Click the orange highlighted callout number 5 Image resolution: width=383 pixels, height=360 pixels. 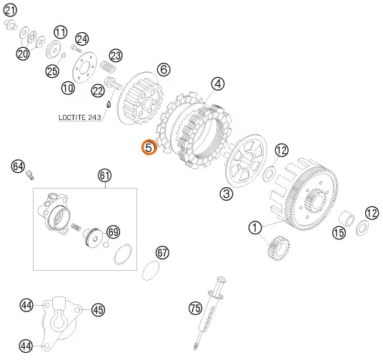[149, 148]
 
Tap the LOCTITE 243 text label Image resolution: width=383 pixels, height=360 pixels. [79, 117]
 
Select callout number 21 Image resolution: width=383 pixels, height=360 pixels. [10, 10]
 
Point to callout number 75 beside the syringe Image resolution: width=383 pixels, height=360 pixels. [196, 308]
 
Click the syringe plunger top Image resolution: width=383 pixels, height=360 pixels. [222, 279]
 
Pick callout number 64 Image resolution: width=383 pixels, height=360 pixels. [18, 166]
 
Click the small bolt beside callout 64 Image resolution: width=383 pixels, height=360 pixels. [30, 175]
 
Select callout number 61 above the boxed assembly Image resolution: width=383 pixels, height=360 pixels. [105, 175]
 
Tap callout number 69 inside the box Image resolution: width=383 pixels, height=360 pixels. [114, 231]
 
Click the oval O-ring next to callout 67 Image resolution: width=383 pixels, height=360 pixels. [151, 271]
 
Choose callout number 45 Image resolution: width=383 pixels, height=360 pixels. [98, 310]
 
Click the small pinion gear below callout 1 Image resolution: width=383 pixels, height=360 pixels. [279, 248]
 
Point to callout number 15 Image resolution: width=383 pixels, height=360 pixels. [339, 232]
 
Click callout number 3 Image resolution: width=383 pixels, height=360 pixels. [227, 194]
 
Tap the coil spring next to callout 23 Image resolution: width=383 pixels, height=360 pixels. [108, 66]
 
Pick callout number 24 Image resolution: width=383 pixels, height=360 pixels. [82, 39]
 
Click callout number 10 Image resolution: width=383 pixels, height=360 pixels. [68, 88]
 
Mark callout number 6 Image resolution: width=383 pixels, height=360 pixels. [164, 69]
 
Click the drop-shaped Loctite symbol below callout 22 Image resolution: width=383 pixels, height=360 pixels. [109, 104]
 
